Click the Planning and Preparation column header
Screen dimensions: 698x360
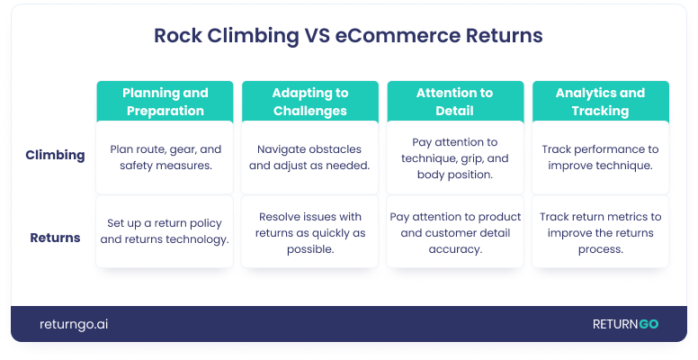pos(165,102)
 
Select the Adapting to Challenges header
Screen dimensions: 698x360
pos(310,102)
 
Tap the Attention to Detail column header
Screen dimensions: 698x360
pos(455,102)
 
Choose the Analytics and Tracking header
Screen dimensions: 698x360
pos(601,102)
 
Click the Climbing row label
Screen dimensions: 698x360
pos(55,155)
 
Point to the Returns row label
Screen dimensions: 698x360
pos(55,238)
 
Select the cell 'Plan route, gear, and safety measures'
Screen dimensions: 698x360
pos(165,157)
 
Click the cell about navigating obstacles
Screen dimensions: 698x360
pos(310,157)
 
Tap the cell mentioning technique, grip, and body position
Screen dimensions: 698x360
pos(455,157)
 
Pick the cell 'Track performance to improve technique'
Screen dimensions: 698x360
pos(601,157)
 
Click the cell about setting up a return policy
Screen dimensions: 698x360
pos(165,231)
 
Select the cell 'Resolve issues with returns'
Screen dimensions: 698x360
pos(310,231)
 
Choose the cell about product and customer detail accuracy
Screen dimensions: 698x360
pos(455,231)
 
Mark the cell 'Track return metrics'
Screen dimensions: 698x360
pos(601,231)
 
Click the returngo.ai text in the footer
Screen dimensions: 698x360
pos(74,324)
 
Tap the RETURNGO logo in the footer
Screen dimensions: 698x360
pos(625,324)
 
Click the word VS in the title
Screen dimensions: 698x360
pos(317,35)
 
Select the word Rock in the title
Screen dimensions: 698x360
pos(177,35)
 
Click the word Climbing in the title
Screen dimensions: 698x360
pos(253,36)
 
